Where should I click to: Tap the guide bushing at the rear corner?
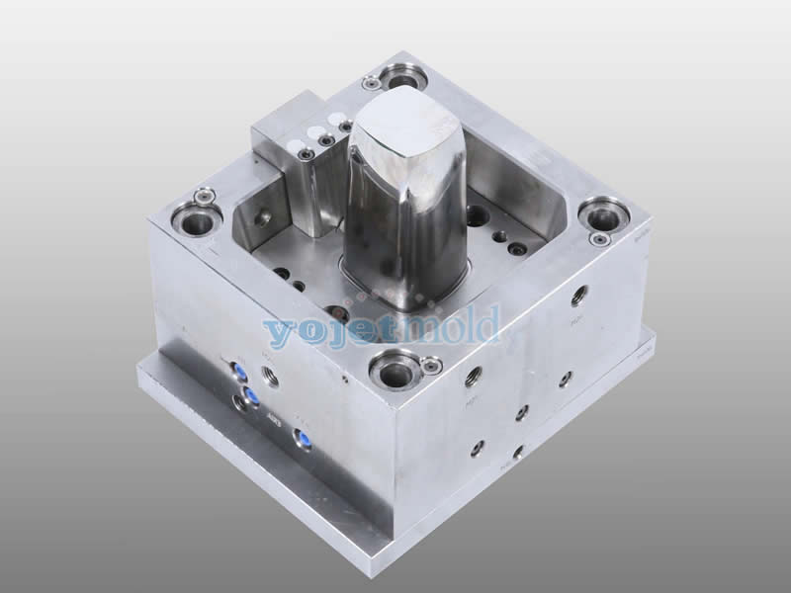coord(401,75)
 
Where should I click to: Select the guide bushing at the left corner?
coord(195,218)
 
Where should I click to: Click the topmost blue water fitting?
coord(237,370)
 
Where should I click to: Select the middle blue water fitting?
coord(251,395)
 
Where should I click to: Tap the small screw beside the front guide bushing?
coord(431,366)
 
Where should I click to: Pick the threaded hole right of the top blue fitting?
coord(270,376)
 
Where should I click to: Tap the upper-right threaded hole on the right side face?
coord(579,295)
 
